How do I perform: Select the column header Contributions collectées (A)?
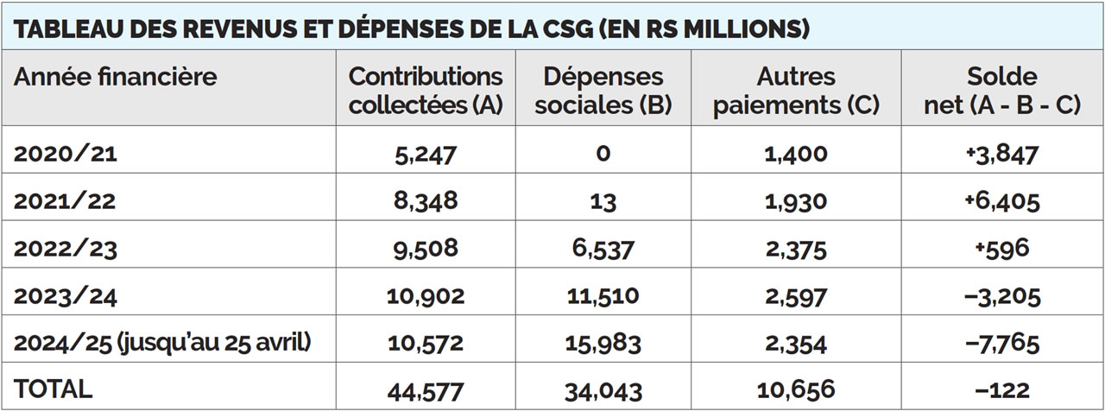(x=426, y=91)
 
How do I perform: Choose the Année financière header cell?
(x=115, y=78)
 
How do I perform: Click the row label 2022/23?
(x=65, y=249)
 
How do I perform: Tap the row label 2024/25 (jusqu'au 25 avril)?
(x=162, y=344)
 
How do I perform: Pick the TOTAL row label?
(x=54, y=389)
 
